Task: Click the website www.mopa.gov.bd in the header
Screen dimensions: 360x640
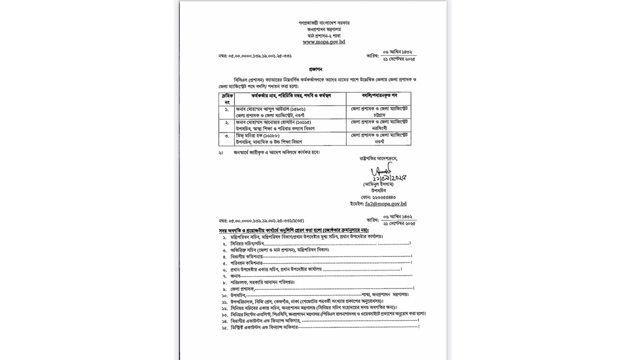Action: click(323, 42)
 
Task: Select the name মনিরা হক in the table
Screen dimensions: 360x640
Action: click(253, 135)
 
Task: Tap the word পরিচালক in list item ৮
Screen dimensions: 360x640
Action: click(239, 282)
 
